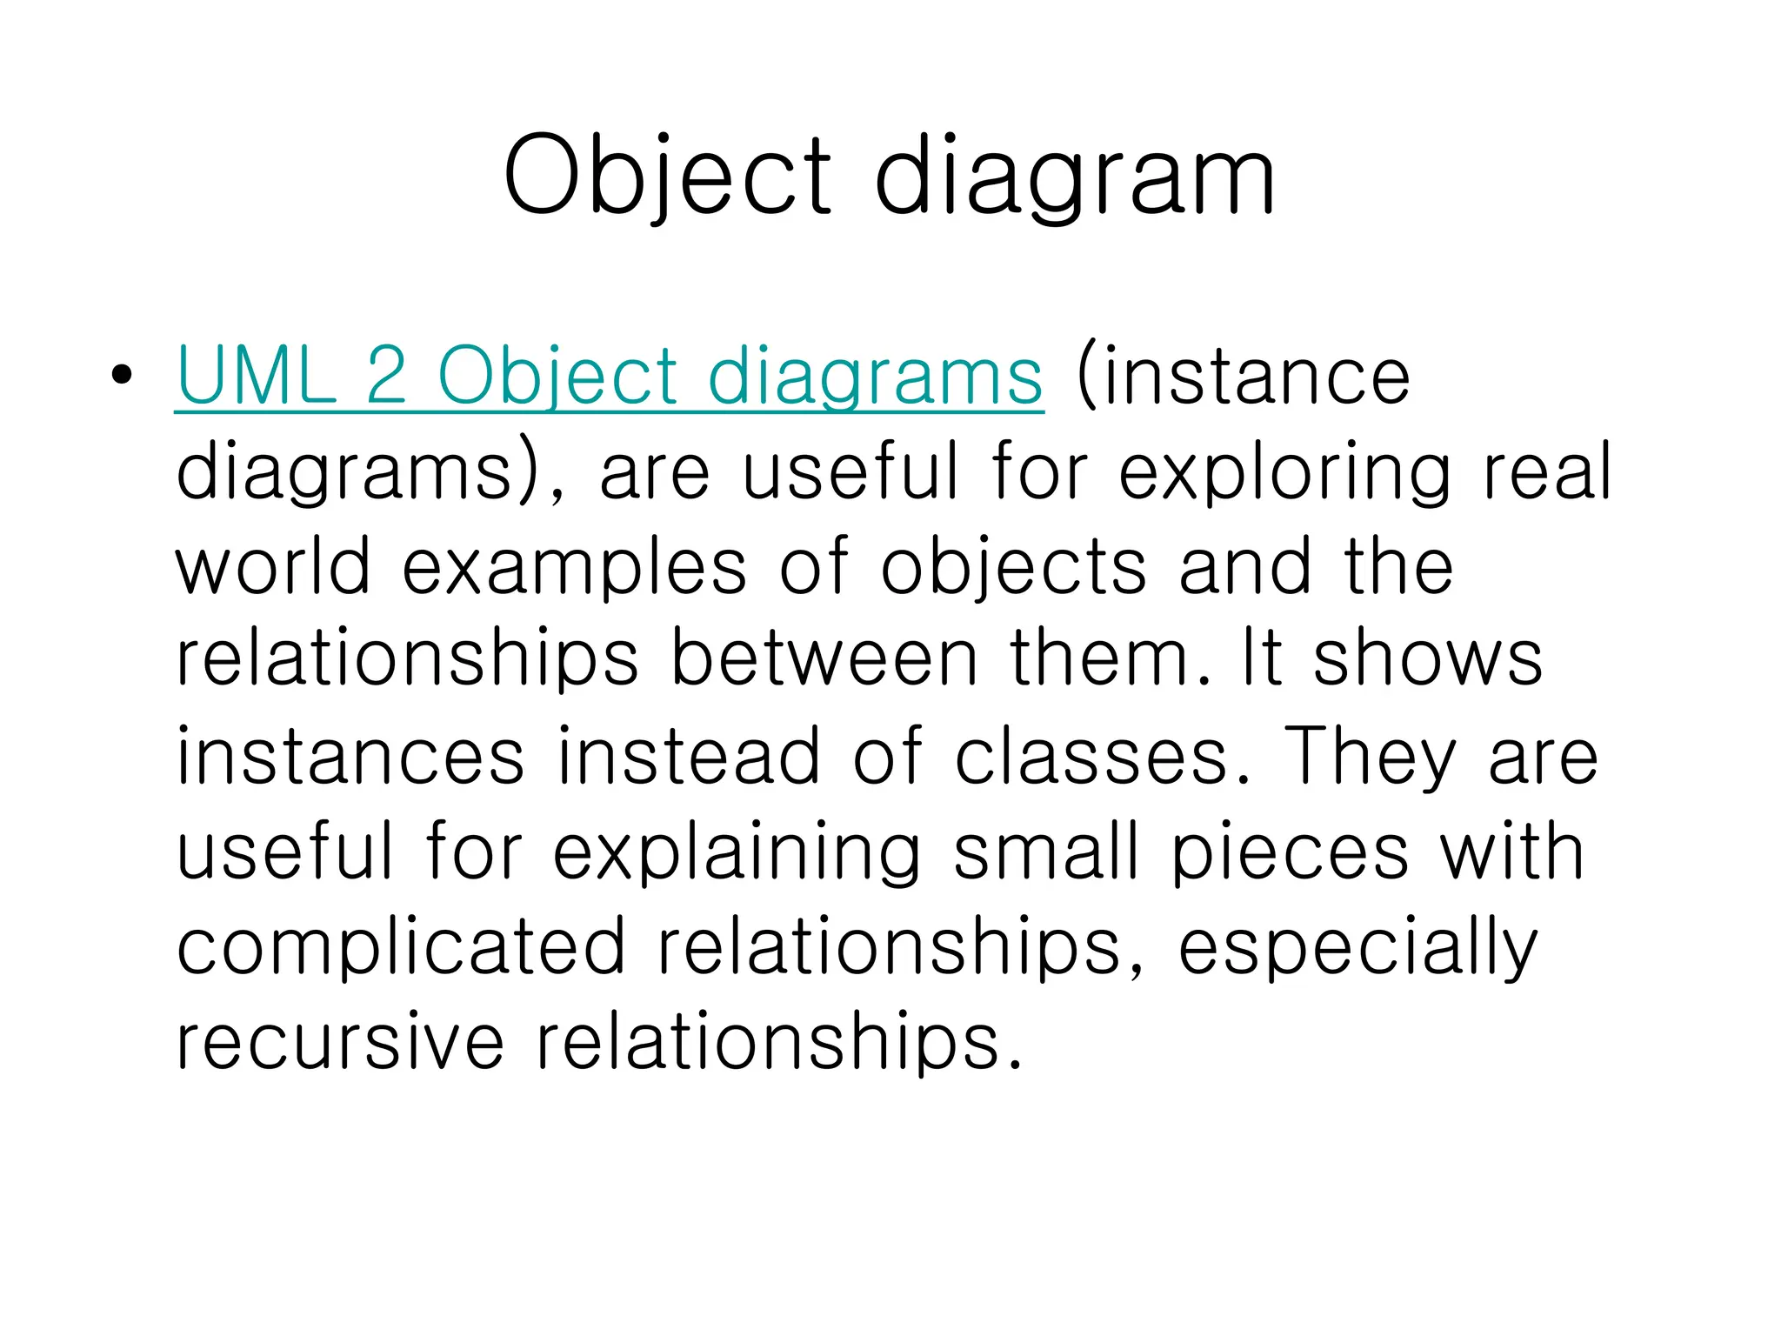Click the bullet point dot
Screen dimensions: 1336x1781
tap(122, 375)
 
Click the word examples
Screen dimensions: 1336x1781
tap(574, 568)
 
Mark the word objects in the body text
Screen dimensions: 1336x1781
tap(1014, 568)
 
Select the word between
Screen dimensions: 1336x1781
tap(824, 660)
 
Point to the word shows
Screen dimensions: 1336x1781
tap(1427, 660)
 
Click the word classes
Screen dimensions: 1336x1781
tap(1104, 756)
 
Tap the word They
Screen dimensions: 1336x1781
tap(1369, 758)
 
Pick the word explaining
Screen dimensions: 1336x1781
tap(737, 853)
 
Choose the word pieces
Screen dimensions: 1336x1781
tap(1290, 853)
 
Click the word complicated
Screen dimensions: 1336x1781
tap(401, 947)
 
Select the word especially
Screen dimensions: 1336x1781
tap(1357, 949)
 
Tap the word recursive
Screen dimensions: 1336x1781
tap(340, 1041)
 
